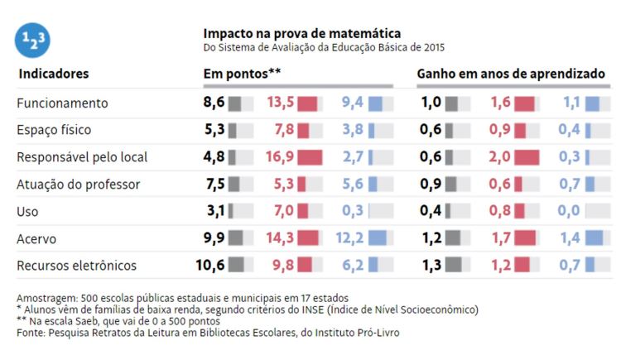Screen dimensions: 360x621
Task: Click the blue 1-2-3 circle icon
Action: [32, 39]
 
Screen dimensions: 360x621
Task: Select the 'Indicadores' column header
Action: [54, 74]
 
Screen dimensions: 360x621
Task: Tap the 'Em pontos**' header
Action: [243, 74]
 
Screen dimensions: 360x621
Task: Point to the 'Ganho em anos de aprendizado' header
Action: [511, 74]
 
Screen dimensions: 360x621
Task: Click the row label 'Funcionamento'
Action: [63, 103]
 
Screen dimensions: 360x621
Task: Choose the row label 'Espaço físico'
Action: [54, 130]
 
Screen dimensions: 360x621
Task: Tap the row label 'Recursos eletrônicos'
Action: [77, 266]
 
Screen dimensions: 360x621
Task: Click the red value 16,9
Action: [280, 157]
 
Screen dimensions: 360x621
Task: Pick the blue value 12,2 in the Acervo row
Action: [349, 238]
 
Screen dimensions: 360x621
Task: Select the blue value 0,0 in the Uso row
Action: [569, 211]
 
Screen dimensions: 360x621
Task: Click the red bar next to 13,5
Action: [307, 103]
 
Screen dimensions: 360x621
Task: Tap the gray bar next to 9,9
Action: [236, 238]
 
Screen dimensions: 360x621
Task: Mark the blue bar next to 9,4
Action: [376, 103]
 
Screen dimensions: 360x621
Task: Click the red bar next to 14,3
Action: [308, 238]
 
